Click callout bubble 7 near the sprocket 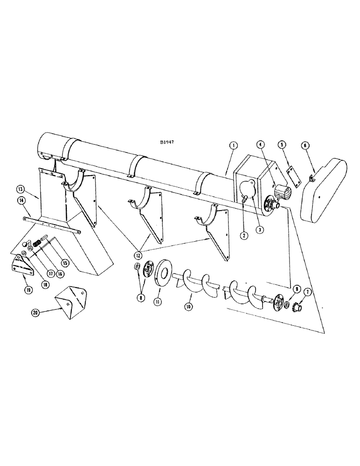coord(308,291)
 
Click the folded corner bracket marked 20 coord(70,304)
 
